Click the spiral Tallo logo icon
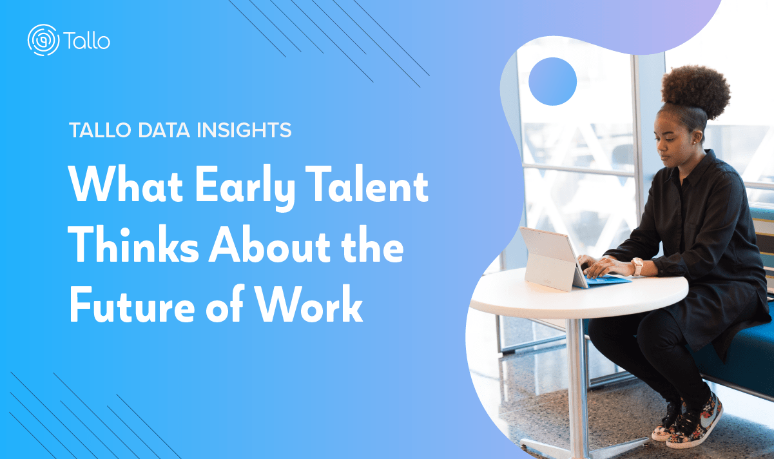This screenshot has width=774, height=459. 44,40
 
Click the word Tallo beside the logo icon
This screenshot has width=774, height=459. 87,41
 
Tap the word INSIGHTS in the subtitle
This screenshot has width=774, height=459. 244,130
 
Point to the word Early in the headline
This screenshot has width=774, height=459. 246,187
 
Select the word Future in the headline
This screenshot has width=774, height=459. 132,304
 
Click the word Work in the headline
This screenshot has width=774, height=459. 309,304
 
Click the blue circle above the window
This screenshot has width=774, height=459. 552,82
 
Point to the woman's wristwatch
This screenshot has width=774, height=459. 637,266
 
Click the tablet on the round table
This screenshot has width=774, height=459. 552,259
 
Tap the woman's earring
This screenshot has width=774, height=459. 695,142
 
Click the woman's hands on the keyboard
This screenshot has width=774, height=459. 601,266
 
